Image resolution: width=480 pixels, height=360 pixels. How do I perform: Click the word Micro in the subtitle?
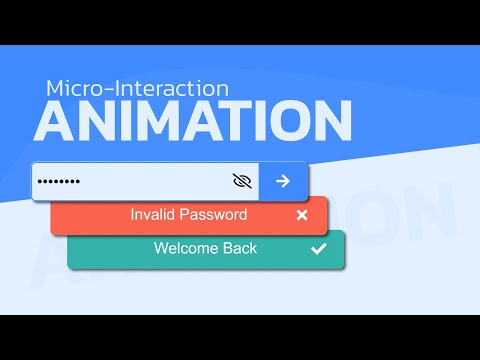point(73,88)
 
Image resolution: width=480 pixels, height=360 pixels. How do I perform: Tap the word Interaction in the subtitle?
point(169,88)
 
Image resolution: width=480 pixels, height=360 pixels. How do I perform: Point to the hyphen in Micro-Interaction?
point(103,89)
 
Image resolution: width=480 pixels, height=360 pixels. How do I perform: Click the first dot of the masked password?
point(40,181)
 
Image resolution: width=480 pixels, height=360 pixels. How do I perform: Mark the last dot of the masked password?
point(76,181)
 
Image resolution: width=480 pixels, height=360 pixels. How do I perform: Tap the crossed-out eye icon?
point(241,181)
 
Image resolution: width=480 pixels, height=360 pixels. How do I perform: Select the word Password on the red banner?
point(216,214)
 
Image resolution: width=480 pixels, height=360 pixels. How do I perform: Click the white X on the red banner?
point(302,215)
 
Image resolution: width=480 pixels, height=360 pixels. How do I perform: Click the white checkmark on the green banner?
point(319,249)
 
